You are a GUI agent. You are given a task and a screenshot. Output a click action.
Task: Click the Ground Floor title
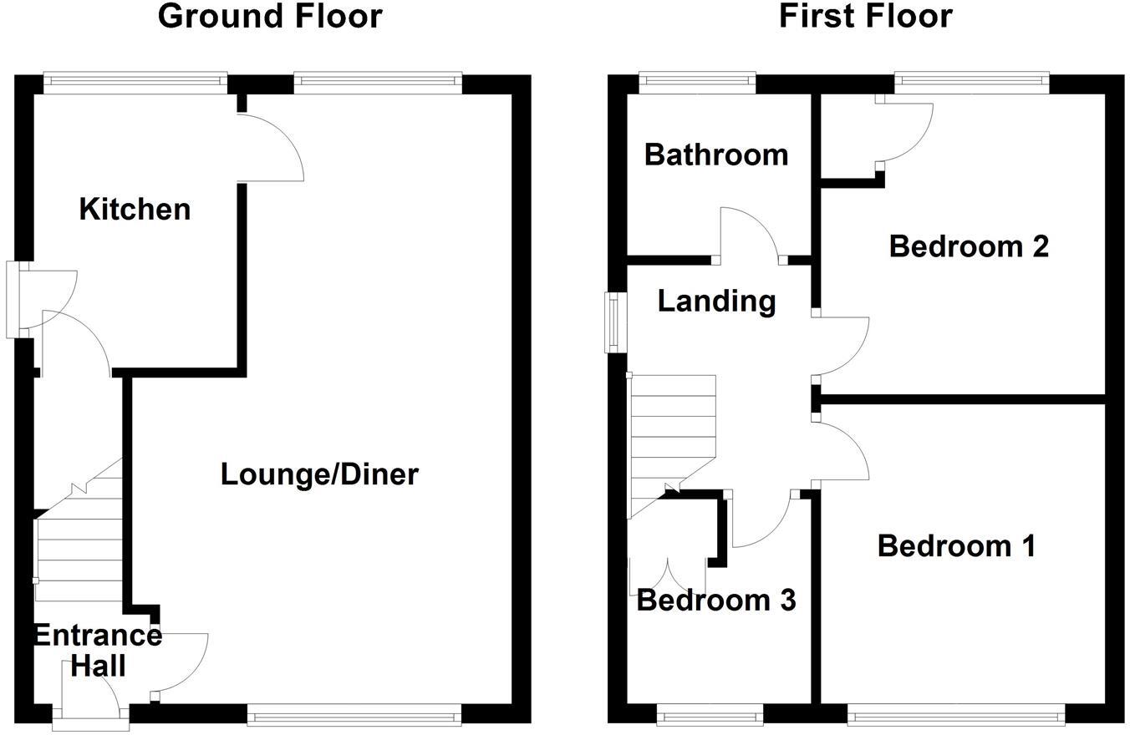click(270, 17)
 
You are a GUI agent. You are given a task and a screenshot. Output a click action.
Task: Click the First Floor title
click(865, 17)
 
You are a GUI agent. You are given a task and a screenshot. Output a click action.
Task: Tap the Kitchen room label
click(135, 209)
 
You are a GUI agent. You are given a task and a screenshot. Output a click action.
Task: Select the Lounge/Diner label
click(319, 474)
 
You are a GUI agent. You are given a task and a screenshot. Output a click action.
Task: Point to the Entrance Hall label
click(97, 650)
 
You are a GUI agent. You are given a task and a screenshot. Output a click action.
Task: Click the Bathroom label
click(716, 155)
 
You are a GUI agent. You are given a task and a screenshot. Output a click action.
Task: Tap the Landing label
click(716, 301)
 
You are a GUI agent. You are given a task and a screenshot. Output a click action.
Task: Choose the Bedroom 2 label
click(969, 246)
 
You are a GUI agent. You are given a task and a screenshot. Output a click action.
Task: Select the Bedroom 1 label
click(956, 546)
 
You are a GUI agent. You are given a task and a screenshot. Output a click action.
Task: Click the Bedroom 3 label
click(715, 600)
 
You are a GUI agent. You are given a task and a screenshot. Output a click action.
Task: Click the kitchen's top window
click(135, 81)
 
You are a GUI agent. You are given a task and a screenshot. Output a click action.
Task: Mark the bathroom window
click(697, 81)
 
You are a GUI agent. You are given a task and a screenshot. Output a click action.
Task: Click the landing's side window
click(616, 322)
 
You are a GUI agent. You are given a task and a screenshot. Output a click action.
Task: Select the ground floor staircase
click(79, 535)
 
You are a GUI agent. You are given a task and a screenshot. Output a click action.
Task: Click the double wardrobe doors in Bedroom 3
click(667, 575)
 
